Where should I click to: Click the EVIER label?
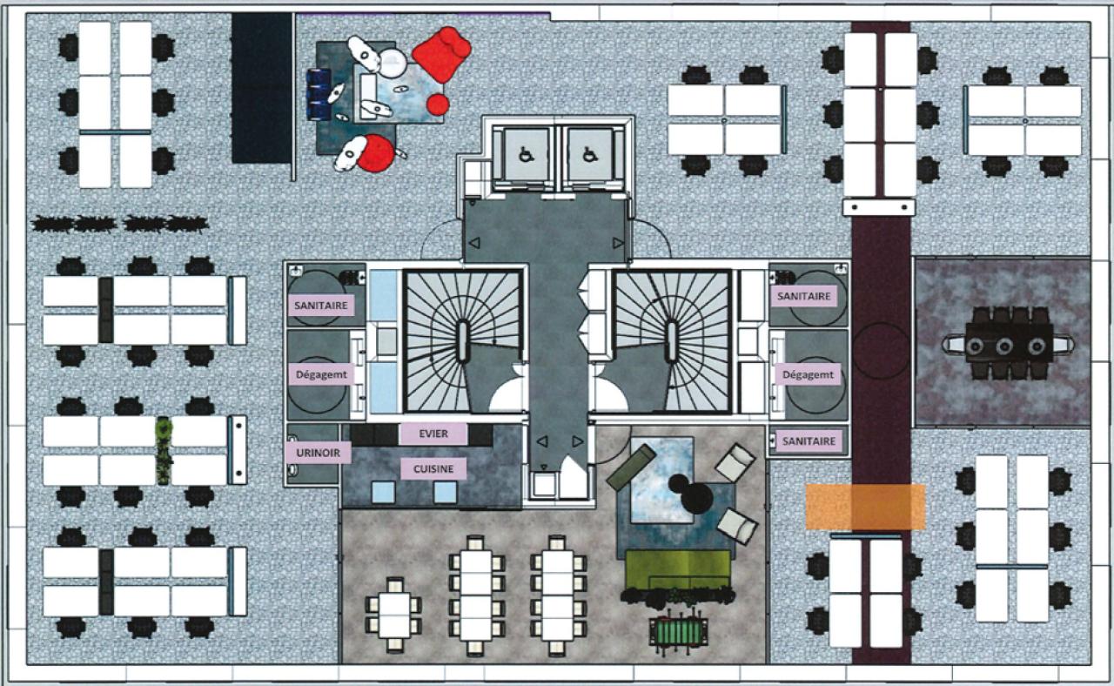(x=433, y=434)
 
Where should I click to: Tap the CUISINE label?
(x=433, y=468)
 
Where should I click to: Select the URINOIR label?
(x=319, y=453)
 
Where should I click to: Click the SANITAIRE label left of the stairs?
(x=321, y=305)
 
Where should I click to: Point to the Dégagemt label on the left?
(x=321, y=374)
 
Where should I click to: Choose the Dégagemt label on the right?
(x=808, y=374)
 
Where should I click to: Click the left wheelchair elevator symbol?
(x=527, y=156)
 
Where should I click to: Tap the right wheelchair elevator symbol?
(x=589, y=156)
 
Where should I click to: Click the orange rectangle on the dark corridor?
(x=865, y=507)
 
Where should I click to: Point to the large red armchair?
(x=441, y=54)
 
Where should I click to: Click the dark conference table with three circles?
(x=1009, y=343)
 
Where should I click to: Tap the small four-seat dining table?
(x=394, y=615)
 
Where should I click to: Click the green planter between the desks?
(x=164, y=451)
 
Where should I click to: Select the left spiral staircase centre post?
(x=462, y=341)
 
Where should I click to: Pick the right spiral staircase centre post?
(x=671, y=341)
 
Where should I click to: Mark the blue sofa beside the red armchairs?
(x=319, y=94)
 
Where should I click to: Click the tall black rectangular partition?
(x=262, y=88)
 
